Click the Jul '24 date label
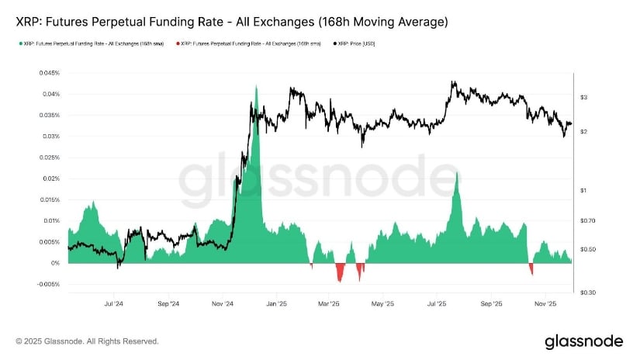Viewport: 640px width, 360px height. coord(113,304)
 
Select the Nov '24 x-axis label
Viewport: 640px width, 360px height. coord(222,304)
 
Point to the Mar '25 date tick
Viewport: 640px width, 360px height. coord(330,304)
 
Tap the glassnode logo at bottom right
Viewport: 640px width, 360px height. coord(583,341)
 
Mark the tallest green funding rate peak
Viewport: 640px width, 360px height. coord(256,86)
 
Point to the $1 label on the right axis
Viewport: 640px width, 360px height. coord(582,190)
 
